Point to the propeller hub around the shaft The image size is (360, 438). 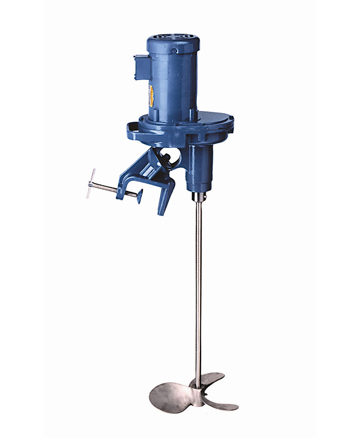point(198,383)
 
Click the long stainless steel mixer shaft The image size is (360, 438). point(198,293)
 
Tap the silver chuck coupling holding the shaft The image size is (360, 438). point(198,197)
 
